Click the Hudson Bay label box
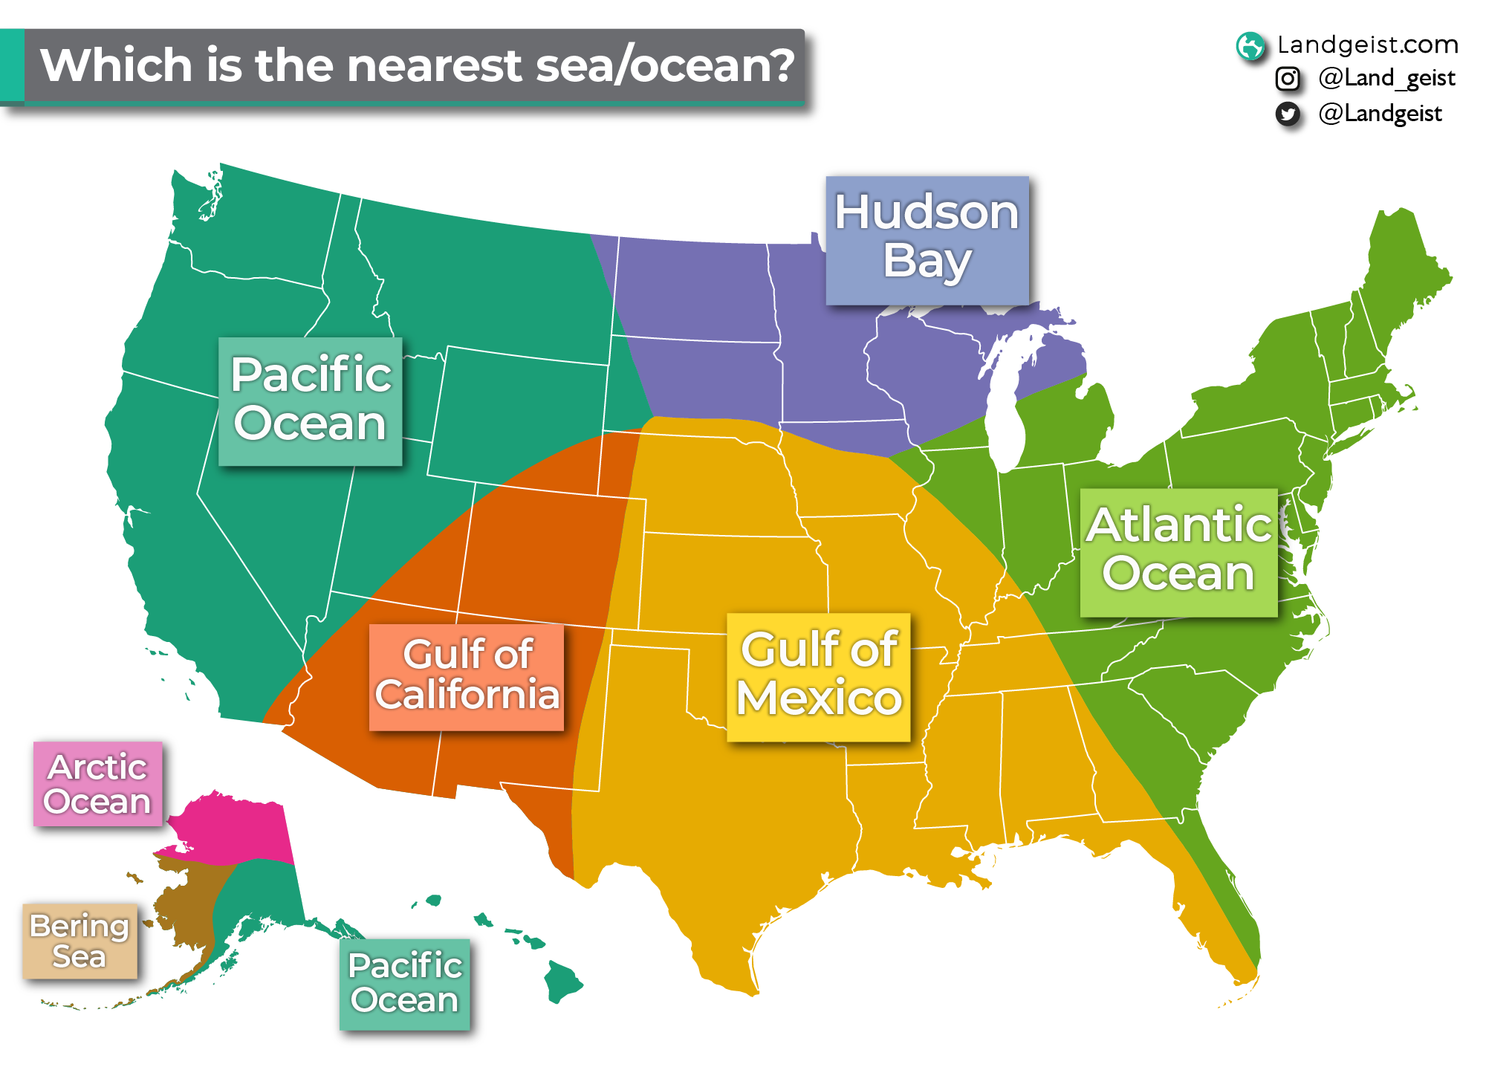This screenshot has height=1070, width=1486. [x=927, y=240]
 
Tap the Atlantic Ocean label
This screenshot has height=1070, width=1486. [x=1178, y=552]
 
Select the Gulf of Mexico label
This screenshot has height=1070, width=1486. [x=818, y=677]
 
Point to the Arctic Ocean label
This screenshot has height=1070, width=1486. [x=97, y=784]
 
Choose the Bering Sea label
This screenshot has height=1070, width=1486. [x=80, y=941]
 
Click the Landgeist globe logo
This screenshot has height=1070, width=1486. [x=1250, y=46]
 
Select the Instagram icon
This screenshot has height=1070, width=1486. [x=1288, y=79]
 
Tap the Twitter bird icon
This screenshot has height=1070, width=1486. [x=1288, y=114]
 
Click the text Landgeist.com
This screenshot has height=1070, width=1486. [x=1367, y=45]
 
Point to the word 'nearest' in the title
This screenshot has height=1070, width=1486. [x=437, y=65]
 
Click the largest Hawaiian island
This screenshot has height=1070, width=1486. [x=562, y=982]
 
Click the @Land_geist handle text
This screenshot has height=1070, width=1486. [x=1386, y=78]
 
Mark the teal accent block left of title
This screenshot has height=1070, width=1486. [x=12, y=65]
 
